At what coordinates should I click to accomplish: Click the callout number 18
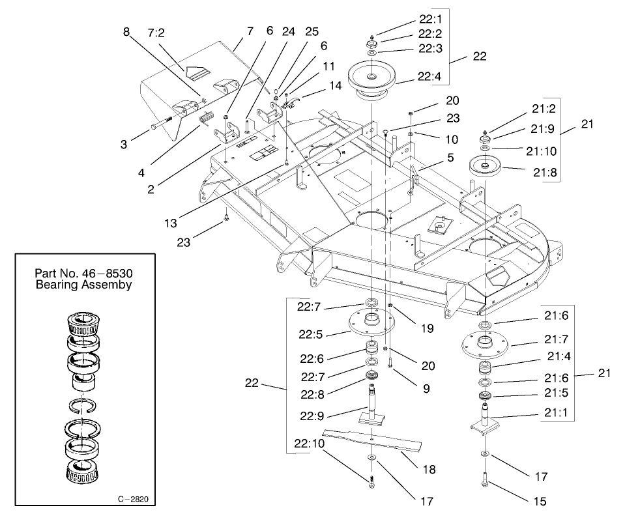(429, 469)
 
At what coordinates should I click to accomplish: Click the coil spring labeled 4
(206, 121)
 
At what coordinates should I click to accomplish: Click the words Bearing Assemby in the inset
(83, 285)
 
